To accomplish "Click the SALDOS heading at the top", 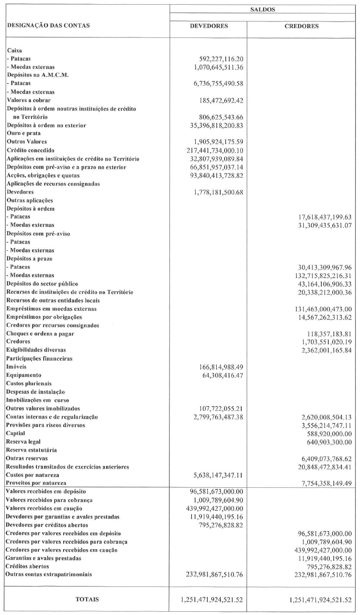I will pos(263,9).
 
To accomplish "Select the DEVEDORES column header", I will pos(208,26).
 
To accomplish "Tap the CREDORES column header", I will pos(302,26).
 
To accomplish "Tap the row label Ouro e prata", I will pos(23,133).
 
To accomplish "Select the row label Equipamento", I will pos(24,375).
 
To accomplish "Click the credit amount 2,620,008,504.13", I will pos(321,417).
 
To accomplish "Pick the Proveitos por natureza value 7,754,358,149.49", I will pos(321,483).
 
